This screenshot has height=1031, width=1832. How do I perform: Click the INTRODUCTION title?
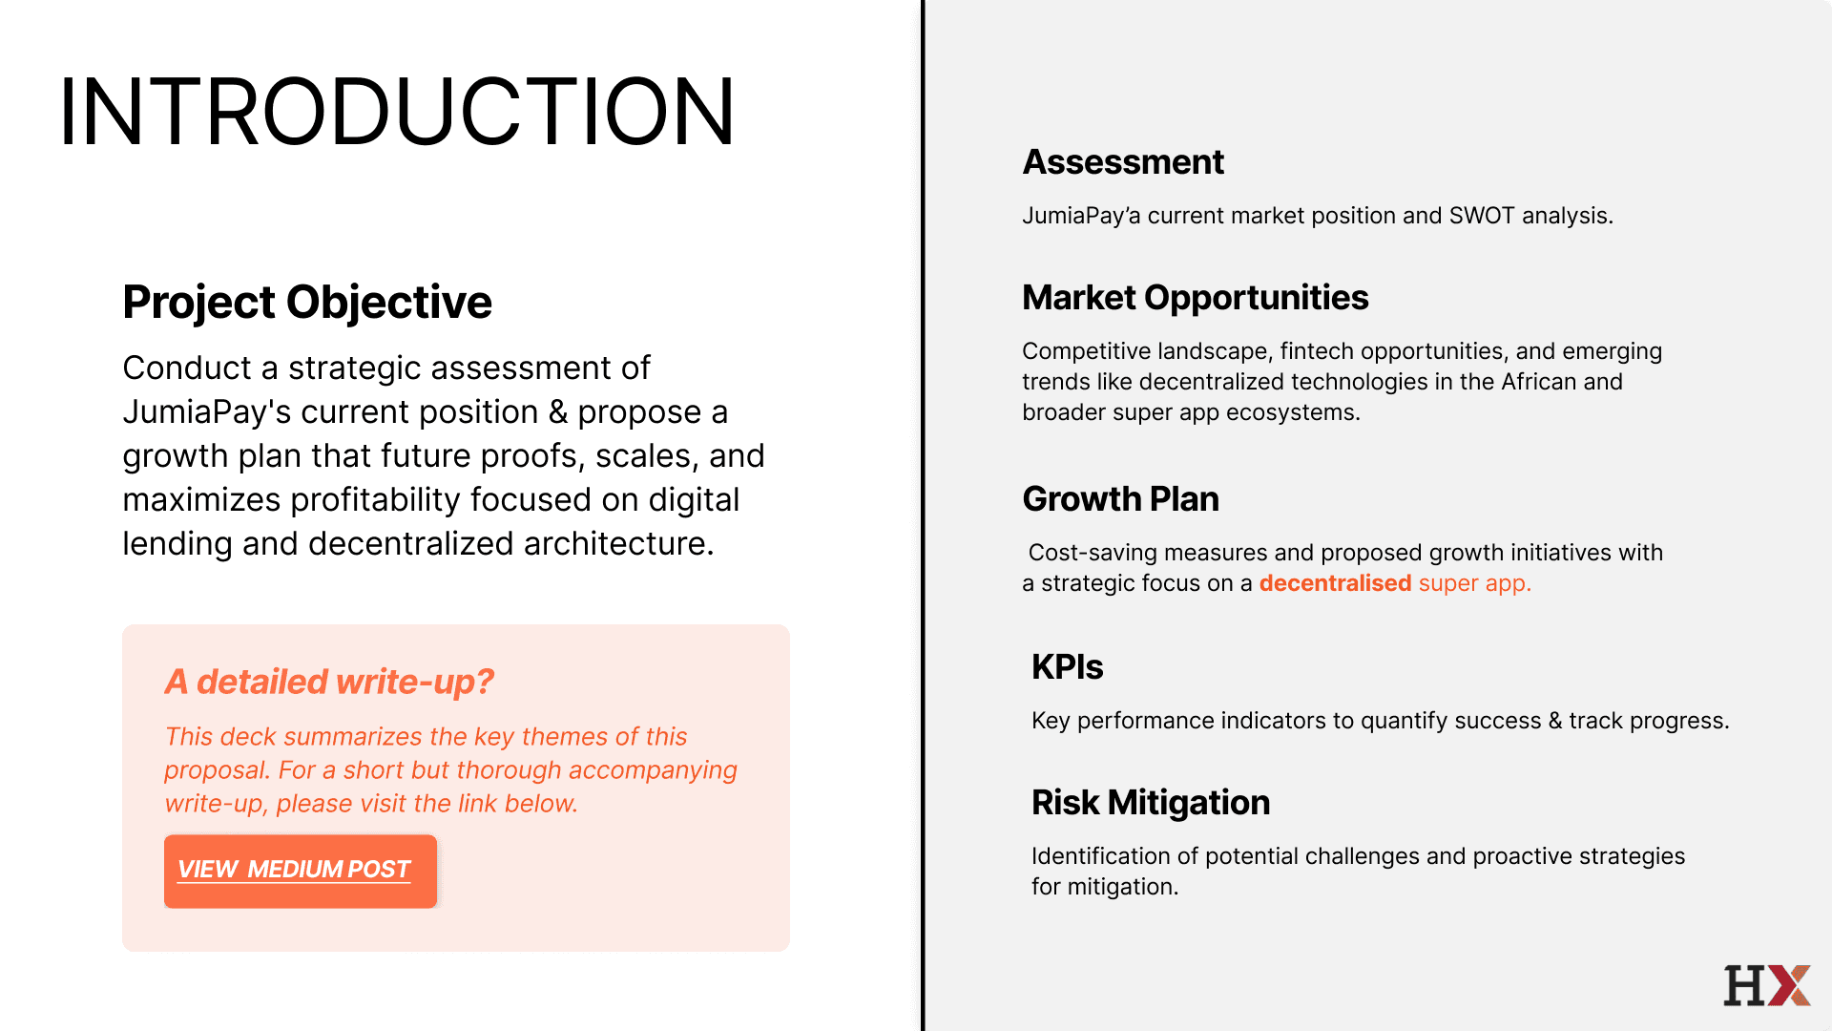coord(397,112)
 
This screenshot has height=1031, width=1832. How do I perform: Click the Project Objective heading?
coord(307,303)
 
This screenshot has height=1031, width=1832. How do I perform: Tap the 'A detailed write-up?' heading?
coord(329,682)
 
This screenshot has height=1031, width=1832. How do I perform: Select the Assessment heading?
coord(1123,162)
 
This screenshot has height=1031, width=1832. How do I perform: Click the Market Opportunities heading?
coord(1196,298)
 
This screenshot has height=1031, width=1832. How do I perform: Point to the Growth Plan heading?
coord(1121,499)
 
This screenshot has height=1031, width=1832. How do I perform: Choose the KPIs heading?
coord(1068,667)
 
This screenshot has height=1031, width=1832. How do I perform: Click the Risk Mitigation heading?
coord(1151,803)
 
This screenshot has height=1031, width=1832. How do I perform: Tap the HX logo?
coord(1767,985)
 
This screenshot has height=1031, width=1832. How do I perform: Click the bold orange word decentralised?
coord(1335,583)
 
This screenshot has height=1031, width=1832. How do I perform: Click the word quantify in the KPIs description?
coord(1405,721)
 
